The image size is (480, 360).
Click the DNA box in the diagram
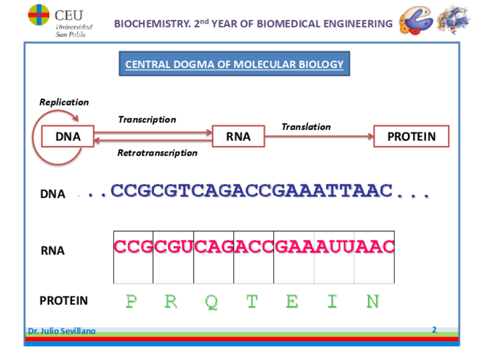coord(68,136)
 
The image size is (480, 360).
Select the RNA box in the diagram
coord(238,136)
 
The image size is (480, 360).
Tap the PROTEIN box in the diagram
coord(412,136)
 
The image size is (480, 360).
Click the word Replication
coord(64,102)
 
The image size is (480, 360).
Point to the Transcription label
coord(147,119)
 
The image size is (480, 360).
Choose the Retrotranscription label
coord(157,153)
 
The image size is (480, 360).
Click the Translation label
coord(306,127)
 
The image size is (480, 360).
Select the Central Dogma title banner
coord(234,64)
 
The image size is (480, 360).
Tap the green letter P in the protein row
coord(131,301)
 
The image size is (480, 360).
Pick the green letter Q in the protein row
coord(211,301)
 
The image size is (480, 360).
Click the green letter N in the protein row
coord(372,301)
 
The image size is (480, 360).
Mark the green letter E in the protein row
coord(292,301)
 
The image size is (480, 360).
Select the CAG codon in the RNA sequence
coord(213,247)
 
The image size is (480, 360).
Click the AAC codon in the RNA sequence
coord(374,247)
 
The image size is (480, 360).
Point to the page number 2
coord(434,329)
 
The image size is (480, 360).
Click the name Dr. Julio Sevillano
coord(62,331)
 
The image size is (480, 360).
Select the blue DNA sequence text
coord(252,191)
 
